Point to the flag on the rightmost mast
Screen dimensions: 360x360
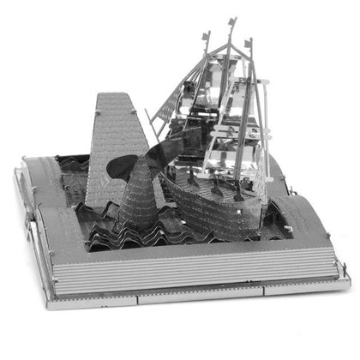pos(249,42)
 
